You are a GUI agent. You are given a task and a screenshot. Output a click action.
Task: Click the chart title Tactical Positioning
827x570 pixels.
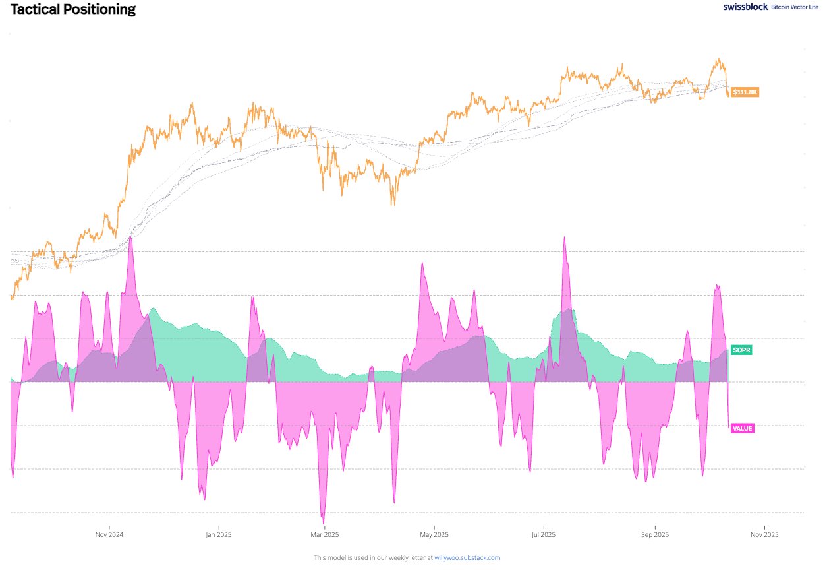click(x=73, y=10)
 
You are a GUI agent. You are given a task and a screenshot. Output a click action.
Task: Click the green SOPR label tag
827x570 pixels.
click(x=741, y=350)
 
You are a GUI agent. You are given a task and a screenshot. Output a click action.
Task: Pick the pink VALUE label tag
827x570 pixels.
click(x=742, y=428)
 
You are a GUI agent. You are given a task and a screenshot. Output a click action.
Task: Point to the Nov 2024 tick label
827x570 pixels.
click(x=109, y=534)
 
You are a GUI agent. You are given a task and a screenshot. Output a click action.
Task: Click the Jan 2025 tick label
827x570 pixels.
click(x=218, y=534)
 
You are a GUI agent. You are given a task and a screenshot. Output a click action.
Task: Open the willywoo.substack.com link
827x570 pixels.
click(x=467, y=558)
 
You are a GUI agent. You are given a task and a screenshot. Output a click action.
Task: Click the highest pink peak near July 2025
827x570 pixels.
click(x=565, y=237)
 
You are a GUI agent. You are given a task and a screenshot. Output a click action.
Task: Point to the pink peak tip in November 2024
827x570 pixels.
click(x=130, y=236)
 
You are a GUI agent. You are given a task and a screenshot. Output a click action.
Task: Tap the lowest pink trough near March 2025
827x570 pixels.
click(x=323, y=522)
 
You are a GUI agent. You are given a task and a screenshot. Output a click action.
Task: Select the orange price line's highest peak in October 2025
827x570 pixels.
click(x=718, y=59)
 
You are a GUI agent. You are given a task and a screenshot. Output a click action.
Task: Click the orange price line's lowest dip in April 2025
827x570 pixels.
click(x=393, y=206)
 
